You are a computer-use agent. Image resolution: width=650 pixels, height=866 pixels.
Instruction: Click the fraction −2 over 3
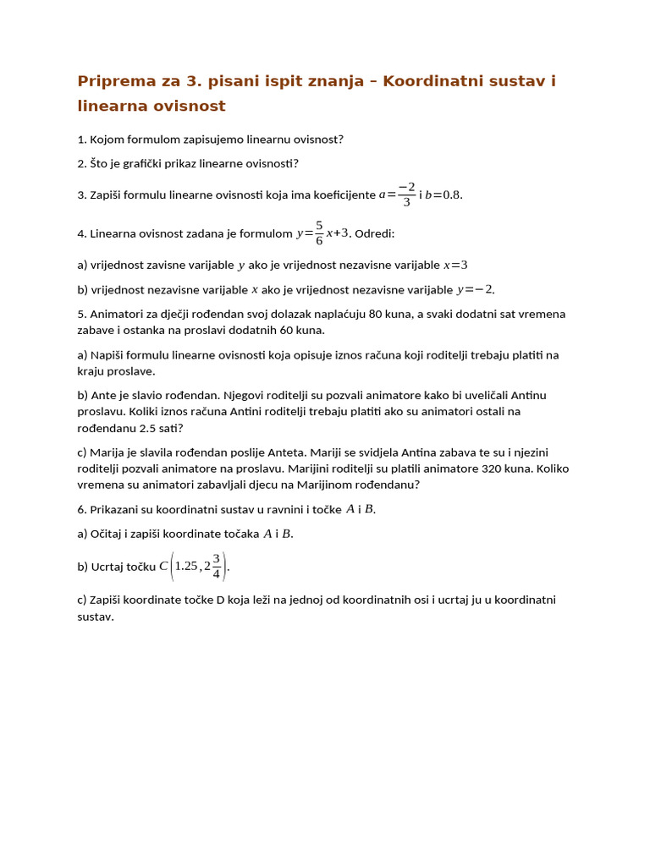pyautogui.click(x=407, y=195)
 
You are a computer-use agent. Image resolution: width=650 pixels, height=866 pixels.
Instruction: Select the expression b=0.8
pyautogui.click(x=443, y=195)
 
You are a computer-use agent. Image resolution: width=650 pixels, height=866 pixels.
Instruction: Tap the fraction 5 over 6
pyautogui.click(x=319, y=233)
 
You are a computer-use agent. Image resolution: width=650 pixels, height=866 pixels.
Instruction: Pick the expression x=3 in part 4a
pyautogui.click(x=455, y=266)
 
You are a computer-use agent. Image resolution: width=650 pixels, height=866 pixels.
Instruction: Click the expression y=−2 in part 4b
pyautogui.click(x=475, y=290)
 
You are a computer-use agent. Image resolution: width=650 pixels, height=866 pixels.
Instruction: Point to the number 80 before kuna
pyautogui.click(x=376, y=315)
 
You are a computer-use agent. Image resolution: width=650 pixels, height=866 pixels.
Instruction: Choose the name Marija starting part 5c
pyautogui.click(x=108, y=452)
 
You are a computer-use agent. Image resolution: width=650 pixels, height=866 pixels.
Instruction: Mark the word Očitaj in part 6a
pyautogui.click(x=109, y=534)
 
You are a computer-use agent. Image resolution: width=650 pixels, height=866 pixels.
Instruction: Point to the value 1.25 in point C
pyautogui.click(x=185, y=566)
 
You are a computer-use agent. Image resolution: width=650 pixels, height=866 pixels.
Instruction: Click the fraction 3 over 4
pyautogui.click(x=217, y=566)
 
